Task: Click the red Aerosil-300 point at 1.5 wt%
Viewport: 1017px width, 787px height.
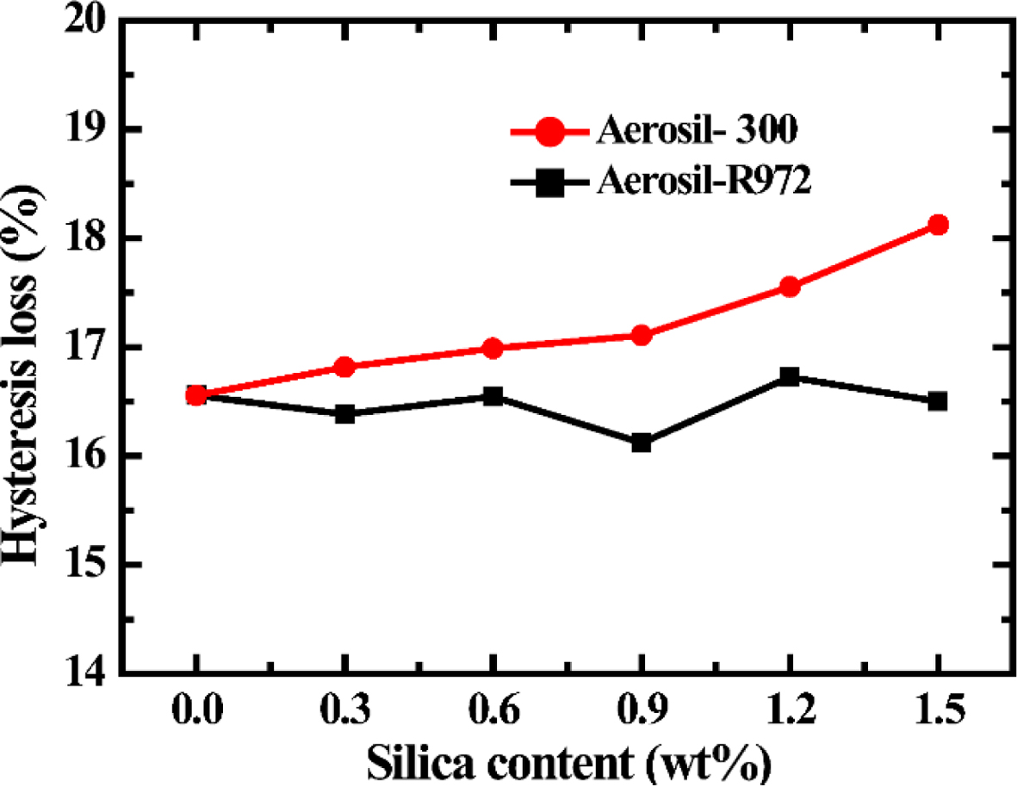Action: tap(938, 225)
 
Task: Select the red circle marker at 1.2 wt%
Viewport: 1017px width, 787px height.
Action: tap(790, 287)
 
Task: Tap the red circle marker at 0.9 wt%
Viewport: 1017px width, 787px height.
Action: tap(641, 335)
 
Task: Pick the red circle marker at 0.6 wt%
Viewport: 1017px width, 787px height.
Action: tap(493, 348)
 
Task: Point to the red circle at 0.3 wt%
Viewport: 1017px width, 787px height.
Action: tap(344, 367)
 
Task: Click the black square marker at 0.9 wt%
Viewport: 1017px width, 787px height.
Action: tap(641, 443)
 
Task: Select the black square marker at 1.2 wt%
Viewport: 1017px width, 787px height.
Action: tap(790, 376)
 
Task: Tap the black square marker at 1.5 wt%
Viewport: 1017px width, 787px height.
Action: tap(938, 401)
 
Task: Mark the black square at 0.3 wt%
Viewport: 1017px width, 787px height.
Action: tap(344, 414)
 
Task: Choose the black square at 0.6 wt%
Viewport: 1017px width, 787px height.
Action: tap(493, 396)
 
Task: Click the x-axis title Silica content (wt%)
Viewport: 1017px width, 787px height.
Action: tap(567, 761)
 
